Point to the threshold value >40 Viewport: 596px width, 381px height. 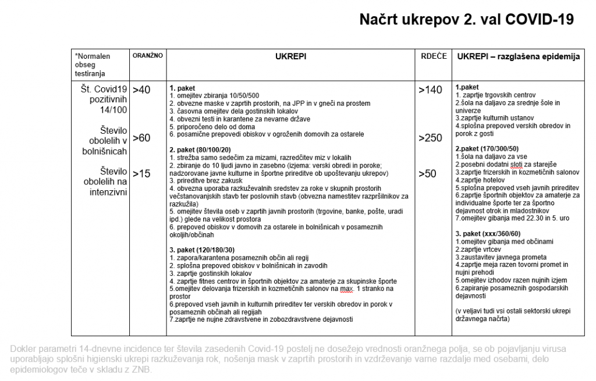click(x=141, y=90)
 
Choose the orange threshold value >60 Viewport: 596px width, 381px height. click(x=141, y=138)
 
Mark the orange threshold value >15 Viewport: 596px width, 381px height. click(x=141, y=173)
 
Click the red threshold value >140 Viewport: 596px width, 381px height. click(x=431, y=90)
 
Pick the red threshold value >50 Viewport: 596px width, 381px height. click(x=429, y=173)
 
